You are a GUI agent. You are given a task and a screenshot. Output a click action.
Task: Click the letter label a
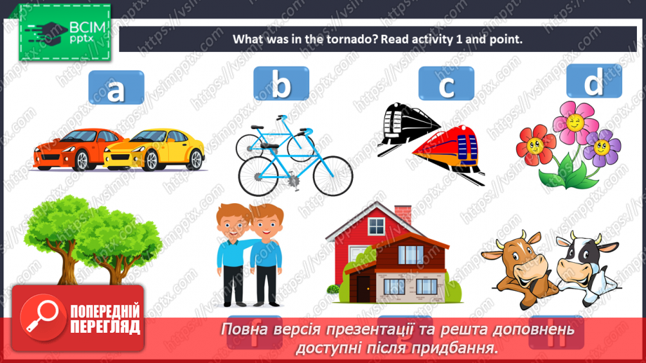coord(116,88)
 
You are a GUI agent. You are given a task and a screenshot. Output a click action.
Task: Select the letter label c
coord(446,85)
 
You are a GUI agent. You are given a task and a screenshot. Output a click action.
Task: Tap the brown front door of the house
coord(362,287)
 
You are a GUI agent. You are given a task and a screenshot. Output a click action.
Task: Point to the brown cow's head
coord(523,259)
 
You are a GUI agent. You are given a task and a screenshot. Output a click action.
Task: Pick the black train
coord(405,125)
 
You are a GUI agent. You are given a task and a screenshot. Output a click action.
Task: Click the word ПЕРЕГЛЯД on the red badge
coord(105,326)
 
